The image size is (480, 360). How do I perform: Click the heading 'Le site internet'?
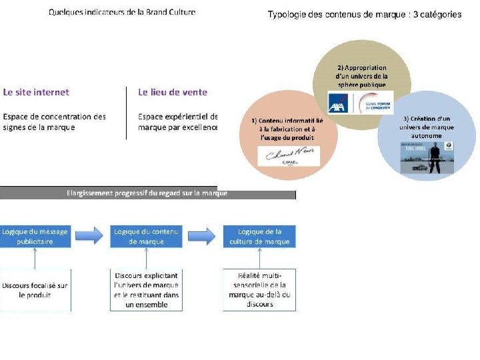tap(36, 92)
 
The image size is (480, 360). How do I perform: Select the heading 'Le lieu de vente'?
tap(173, 92)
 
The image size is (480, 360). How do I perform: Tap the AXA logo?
tap(341, 102)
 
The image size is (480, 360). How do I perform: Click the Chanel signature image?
tap(289, 157)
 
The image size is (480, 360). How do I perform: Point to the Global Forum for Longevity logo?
tap(375, 102)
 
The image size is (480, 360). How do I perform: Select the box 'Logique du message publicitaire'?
tap(35, 237)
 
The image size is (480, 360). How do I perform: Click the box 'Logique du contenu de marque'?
tap(147, 237)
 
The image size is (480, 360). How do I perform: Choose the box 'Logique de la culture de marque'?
tap(259, 237)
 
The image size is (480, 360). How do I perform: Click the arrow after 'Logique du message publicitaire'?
tap(91, 236)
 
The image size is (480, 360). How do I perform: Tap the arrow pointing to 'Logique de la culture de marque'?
tap(202, 236)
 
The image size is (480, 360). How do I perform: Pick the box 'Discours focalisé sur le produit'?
tap(35, 289)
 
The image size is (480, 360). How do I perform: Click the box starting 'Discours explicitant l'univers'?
tap(147, 290)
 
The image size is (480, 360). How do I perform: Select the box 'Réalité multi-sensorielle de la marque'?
tap(259, 290)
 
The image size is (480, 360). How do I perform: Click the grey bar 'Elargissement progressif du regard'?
tap(147, 193)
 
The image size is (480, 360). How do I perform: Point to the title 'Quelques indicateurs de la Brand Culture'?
tap(122, 13)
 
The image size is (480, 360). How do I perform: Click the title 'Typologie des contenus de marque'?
tap(364, 15)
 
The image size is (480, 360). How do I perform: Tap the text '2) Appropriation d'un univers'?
tap(361, 76)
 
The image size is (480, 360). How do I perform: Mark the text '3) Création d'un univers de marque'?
tap(427, 127)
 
